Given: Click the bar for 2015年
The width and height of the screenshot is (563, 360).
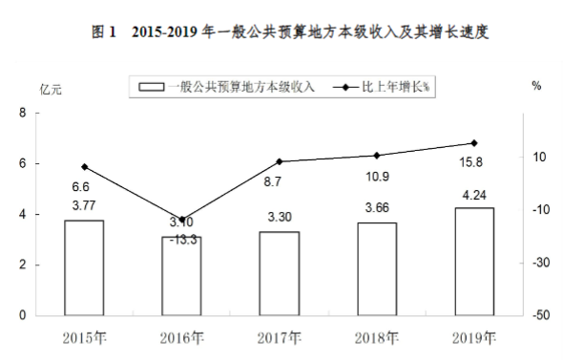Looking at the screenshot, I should coord(84,267).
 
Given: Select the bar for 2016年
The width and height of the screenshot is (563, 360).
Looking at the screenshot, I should coord(181,276).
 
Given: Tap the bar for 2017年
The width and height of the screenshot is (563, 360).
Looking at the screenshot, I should coord(280,273).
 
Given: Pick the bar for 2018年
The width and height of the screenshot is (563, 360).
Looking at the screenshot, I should coord(377,268).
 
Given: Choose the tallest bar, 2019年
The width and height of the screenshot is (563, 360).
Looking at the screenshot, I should coord(474,261).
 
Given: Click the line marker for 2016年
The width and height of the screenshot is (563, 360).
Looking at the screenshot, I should coord(181,220).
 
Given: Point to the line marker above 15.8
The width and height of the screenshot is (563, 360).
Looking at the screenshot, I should coord(474,143).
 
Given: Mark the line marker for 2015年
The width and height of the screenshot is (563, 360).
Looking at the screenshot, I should coord(84,167).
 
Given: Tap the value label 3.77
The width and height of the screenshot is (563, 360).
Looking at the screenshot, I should coord(84,205).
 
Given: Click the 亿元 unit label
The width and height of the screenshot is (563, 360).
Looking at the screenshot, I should coord(51,90).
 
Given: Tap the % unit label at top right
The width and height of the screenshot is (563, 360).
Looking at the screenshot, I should coord(536,86).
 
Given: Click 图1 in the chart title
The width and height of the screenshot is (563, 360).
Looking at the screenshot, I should coord(103,32).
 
